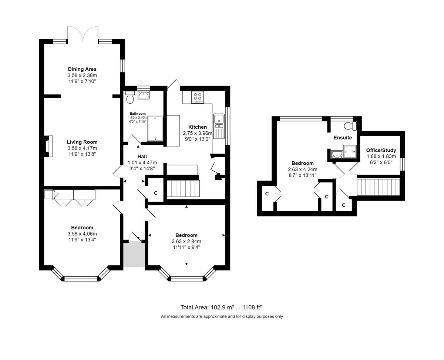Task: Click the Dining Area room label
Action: pyautogui.click(x=82, y=69)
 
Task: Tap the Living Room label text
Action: pyautogui.click(x=82, y=142)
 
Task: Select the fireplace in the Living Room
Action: pyautogui.click(x=48, y=146)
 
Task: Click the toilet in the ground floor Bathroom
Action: pyautogui.click(x=130, y=97)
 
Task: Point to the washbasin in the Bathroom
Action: pyautogui.click(x=144, y=95)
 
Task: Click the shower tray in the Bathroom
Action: pyautogui.click(x=155, y=129)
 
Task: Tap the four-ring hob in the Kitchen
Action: pyautogui.click(x=198, y=97)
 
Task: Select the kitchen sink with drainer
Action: pyautogui.click(x=219, y=126)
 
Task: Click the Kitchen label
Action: pyautogui.click(x=198, y=127)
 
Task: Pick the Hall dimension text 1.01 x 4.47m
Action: pyautogui.click(x=142, y=162)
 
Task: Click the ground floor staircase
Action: pyautogui.click(x=184, y=189)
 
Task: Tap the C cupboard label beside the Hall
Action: pyautogui.click(x=155, y=193)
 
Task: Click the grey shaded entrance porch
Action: pyautogui.click(x=134, y=254)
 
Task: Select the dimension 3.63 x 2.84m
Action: pyautogui.click(x=186, y=241)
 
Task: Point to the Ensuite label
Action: pyautogui.click(x=343, y=138)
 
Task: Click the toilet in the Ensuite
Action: pyautogui.click(x=350, y=126)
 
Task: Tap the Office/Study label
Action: pyautogui.click(x=381, y=150)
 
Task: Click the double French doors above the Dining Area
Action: pyautogui.click(x=83, y=34)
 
